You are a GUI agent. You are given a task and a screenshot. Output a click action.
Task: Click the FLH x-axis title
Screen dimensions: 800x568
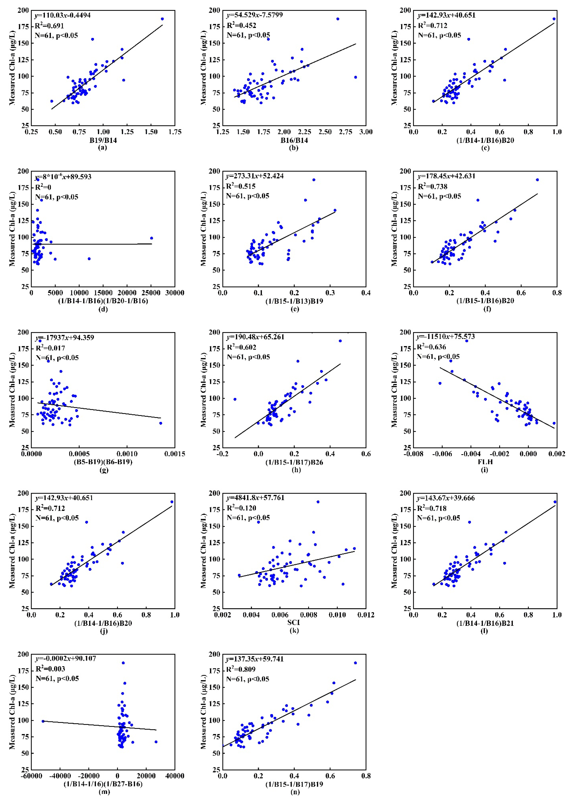pyautogui.click(x=485, y=462)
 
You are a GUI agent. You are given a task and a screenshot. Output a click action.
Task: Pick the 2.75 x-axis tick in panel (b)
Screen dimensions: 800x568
pyautogui.click(x=346, y=132)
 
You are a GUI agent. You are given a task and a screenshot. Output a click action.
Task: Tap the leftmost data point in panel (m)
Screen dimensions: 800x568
pyautogui.click(x=43, y=721)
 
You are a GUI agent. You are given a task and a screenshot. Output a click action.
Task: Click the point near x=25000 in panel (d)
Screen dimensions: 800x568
pyautogui.click(x=151, y=238)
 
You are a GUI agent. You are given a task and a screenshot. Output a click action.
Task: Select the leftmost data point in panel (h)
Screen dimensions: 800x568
pyautogui.click(x=235, y=399)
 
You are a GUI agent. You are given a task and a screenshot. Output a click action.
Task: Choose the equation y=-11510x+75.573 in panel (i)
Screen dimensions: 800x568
pyautogui.click(x=445, y=336)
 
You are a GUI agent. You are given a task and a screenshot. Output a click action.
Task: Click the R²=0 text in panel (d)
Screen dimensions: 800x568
pyautogui.click(x=43, y=187)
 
